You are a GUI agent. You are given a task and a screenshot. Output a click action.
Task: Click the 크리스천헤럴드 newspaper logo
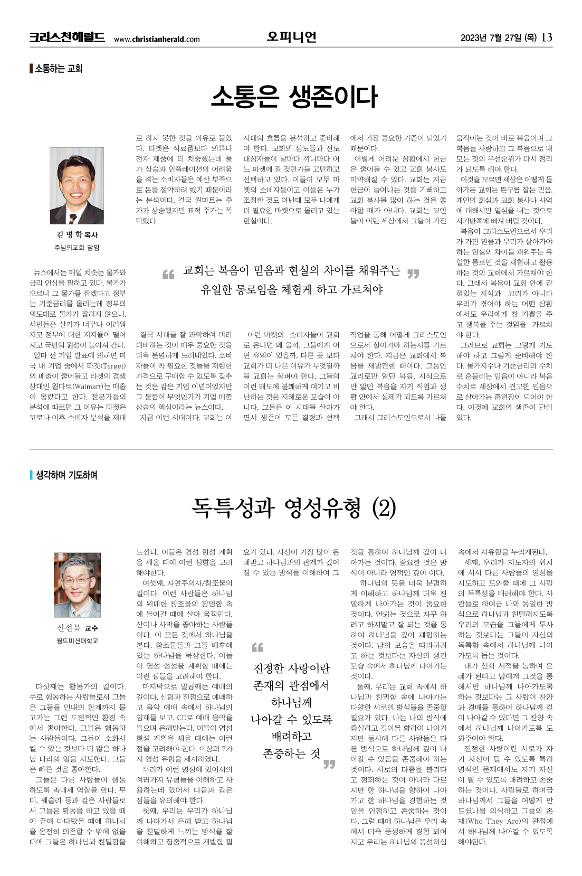[x=67, y=37]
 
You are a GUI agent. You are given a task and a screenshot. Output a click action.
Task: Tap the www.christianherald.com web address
[x=157, y=39]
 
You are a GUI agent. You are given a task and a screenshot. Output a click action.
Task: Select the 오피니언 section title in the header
[x=291, y=36]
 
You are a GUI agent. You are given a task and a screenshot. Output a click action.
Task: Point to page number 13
[x=547, y=37]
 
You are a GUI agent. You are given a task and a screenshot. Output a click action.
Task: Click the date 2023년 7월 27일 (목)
[x=498, y=37]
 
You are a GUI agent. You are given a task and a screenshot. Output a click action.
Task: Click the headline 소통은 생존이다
[x=294, y=97]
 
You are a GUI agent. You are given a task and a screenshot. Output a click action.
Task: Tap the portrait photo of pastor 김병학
[x=77, y=186]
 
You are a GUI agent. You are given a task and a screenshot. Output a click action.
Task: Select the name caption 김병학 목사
[x=77, y=234]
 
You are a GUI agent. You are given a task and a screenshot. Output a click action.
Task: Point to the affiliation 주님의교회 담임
[x=77, y=247]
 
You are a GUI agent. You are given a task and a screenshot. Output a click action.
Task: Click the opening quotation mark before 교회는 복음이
[x=168, y=274]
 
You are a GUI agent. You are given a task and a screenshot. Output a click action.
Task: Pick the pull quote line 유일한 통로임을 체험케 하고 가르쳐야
[x=291, y=289]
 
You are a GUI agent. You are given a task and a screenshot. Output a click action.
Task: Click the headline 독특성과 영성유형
[x=275, y=508]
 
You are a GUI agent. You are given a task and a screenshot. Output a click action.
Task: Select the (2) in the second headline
[x=384, y=508]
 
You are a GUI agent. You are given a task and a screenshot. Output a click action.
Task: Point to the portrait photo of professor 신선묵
[x=77, y=585]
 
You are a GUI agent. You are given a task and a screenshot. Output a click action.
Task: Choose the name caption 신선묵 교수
[x=77, y=628]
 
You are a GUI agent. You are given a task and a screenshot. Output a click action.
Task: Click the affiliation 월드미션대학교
[x=77, y=640]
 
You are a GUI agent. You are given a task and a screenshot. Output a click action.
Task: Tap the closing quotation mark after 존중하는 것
[x=329, y=764]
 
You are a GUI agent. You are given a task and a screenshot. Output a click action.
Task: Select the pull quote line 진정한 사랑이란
[x=291, y=668]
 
